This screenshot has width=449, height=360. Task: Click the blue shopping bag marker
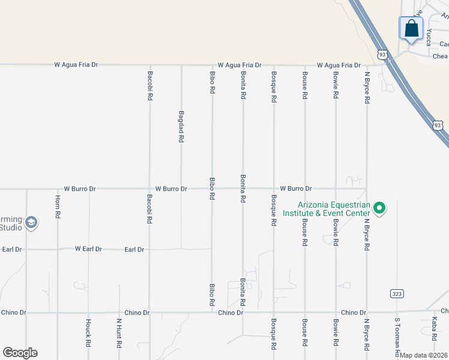click(411, 28)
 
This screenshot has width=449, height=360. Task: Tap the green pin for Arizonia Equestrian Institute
click(379, 209)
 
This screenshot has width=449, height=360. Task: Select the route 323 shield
click(397, 293)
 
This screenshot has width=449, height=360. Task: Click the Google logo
click(20, 353)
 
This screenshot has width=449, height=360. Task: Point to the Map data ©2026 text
click(423, 355)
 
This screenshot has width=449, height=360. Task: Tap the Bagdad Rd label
click(181, 126)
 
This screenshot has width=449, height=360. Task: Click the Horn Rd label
click(58, 206)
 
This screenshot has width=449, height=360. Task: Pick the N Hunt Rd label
click(119, 334)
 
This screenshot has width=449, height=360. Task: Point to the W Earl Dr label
click(88, 248)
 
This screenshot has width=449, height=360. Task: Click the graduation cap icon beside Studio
click(32, 223)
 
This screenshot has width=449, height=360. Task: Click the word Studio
click(11, 227)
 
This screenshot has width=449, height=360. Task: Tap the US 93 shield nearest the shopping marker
click(382, 55)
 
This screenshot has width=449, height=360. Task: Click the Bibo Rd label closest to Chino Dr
click(212, 295)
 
